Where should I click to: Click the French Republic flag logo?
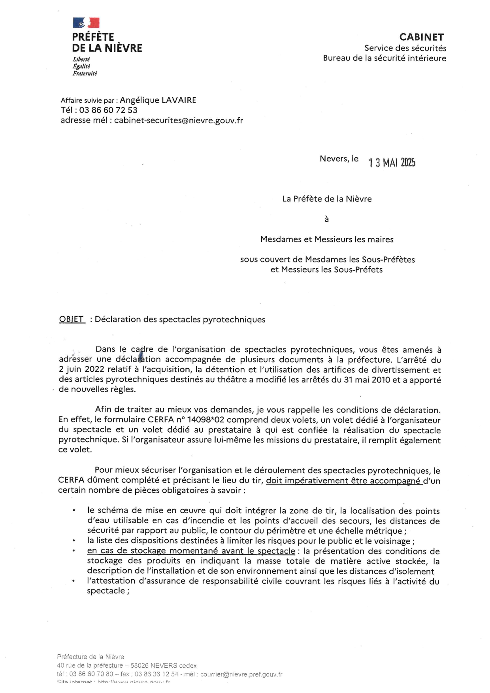pos(86,23)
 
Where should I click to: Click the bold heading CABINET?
pos(421,37)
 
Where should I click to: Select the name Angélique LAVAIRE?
pos(158,100)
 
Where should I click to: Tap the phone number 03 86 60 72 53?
pos(108,110)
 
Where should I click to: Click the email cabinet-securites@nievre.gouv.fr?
pos(178,121)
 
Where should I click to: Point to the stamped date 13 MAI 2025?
pos(392,162)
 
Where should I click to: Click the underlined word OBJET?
pos(72,319)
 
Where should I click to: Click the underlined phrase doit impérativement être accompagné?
pos(343,481)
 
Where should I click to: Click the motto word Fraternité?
pos(85,73)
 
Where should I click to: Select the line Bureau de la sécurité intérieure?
pos(384,58)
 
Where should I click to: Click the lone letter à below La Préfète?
pos(326,219)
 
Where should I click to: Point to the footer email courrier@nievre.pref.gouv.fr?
pos(241,674)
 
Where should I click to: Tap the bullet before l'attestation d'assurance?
pos(73,581)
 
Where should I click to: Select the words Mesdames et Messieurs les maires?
pos(327,239)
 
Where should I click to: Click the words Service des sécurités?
pos(405,48)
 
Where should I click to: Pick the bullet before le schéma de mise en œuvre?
pos(74,511)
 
